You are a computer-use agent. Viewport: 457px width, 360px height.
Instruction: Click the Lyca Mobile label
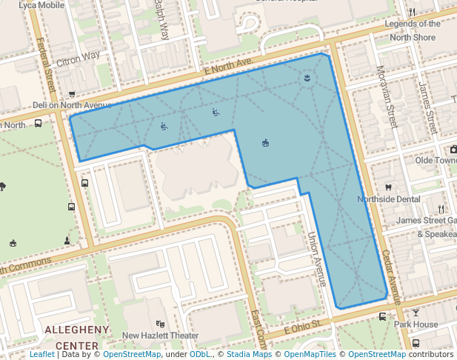point(37,5)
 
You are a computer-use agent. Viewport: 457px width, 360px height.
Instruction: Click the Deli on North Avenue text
point(72,105)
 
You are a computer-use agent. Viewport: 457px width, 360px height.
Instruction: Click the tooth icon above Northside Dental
point(387,188)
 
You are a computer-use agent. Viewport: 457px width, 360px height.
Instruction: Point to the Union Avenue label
point(317,259)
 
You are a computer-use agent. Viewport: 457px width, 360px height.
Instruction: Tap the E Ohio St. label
point(301,327)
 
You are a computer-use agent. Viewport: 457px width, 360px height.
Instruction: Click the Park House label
point(416,324)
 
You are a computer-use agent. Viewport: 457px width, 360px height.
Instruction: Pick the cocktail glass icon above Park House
point(416,313)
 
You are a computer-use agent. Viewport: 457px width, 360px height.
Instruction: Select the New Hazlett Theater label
point(161,336)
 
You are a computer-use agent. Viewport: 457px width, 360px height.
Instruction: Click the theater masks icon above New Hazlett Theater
point(160,324)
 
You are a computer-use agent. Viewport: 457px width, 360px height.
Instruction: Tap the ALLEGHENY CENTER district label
point(77,337)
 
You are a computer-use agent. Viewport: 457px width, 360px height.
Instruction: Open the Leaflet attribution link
point(41,354)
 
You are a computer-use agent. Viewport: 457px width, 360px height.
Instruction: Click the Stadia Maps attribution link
point(249,354)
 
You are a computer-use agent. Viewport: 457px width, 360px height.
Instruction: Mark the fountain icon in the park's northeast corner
point(306,78)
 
